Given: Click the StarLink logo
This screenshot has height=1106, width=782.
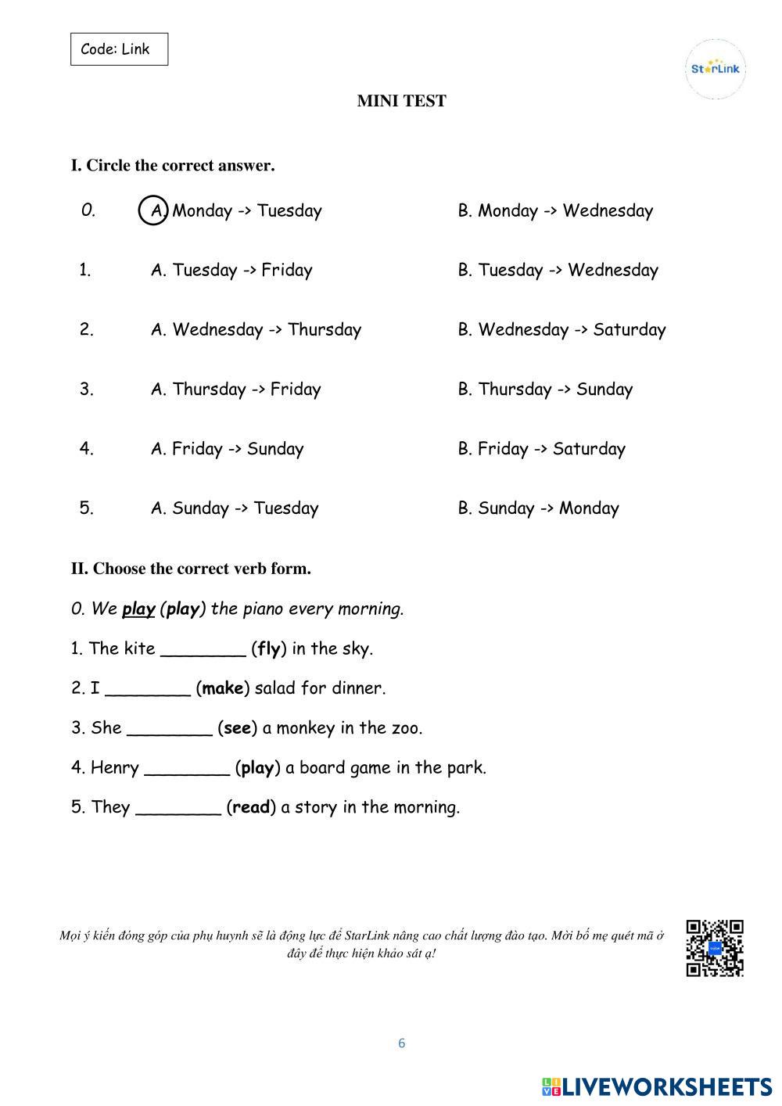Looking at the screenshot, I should point(715,69).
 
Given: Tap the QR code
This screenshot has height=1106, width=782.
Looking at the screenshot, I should point(714,948).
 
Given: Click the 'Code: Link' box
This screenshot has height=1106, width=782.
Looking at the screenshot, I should point(119,49).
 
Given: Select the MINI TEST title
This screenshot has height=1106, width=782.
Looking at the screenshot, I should point(401,101).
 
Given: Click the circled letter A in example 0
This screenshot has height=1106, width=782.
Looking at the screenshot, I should point(153,210).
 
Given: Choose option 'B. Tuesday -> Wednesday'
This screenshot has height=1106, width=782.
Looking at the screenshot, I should point(558,270).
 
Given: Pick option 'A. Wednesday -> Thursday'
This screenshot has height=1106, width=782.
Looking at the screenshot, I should point(256,329).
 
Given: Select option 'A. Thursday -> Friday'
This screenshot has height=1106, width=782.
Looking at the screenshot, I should point(235,389).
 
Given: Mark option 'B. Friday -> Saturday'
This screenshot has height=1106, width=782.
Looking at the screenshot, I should point(541,448).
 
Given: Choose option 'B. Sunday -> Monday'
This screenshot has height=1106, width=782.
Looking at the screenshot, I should point(538,508).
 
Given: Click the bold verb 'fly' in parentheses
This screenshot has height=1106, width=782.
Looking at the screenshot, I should point(268,648).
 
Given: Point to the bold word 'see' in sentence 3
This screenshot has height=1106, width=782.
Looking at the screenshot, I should point(237,728).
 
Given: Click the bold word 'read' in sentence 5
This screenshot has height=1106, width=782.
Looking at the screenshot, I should point(251,807).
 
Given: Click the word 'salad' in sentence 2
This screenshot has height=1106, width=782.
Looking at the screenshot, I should point(274,688).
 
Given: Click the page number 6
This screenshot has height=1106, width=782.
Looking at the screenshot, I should point(401,1043).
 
